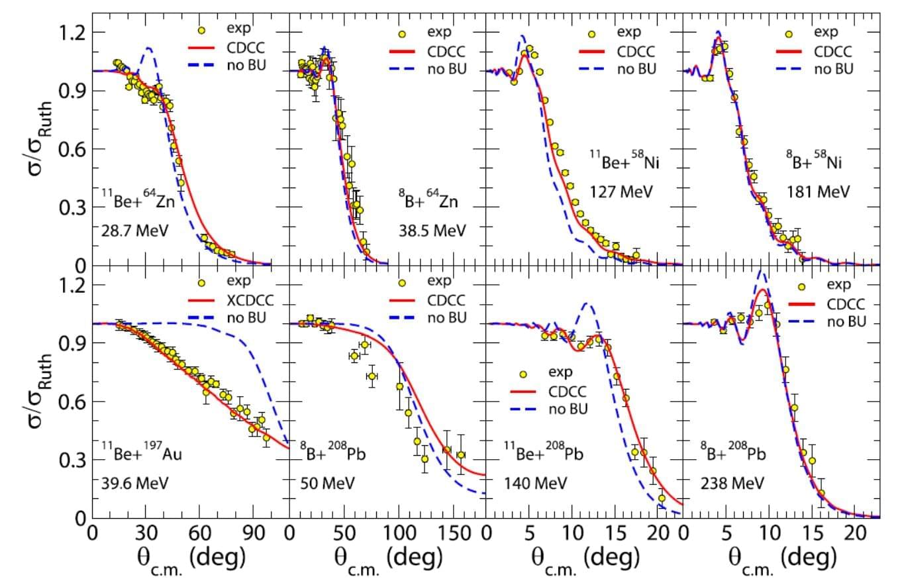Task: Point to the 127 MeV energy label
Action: (621, 192)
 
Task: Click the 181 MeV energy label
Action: (818, 192)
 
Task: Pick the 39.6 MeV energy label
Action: (131, 483)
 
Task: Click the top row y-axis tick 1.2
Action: (72, 32)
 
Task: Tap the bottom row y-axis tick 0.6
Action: (72, 401)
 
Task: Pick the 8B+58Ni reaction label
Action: (819, 161)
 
